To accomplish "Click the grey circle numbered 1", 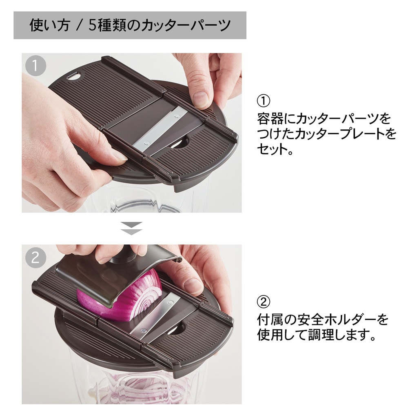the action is pyautogui.click(x=35, y=66).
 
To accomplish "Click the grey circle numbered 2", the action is pyautogui.click(x=35, y=257).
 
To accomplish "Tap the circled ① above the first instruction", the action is pyautogui.click(x=264, y=101).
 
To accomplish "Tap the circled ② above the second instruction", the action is pyautogui.click(x=264, y=302).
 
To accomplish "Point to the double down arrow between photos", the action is pyautogui.click(x=131, y=228).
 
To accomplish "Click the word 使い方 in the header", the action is pyautogui.click(x=50, y=25).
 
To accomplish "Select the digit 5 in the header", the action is pyautogui.click(x=92, y=25).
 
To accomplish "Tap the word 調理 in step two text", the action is pyautogui.click(x=321, y=335).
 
